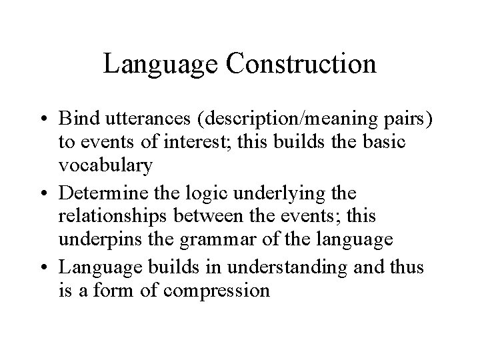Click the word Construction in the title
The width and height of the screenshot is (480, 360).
point(301,65)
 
